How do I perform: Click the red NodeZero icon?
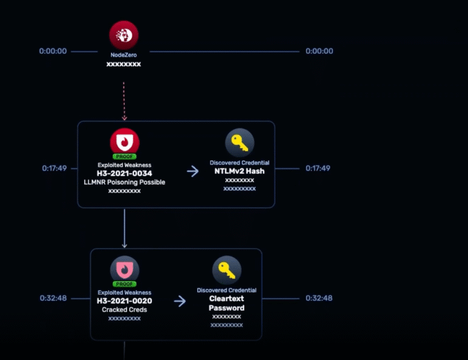(x=124, y=35)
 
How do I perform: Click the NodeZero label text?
(x=124, y=55)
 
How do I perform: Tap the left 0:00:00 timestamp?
(x=53, y=51)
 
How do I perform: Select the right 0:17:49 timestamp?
(x=318, y=168)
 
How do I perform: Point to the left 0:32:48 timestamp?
(x=53, y=298)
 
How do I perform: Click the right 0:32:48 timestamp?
(x=319, y=298)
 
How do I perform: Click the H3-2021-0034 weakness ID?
(x=124, y=173)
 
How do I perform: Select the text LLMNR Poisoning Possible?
(x=124, y=182)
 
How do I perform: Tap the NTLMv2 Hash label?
(x=239, y=171)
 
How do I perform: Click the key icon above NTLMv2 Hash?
(x=239, y=143)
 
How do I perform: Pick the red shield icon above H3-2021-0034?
(x=124, y=142)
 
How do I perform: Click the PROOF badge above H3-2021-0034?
(x=124, y=157)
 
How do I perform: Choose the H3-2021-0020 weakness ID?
(x=124, y=301)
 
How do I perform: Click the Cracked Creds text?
(x=124, y=310)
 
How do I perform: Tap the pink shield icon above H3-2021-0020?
(x=124, y=270)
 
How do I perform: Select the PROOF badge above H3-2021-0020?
(x=124, y=284)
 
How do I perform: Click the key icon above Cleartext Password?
(x=227, y=270)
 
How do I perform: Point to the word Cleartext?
(x=227, y=298)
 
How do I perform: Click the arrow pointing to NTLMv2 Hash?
(x=193, y=171)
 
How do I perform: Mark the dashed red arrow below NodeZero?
(x=124, y=101)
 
